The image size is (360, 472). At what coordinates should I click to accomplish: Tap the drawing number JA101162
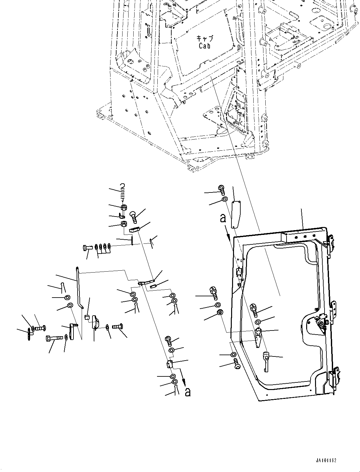[x=325, y=460]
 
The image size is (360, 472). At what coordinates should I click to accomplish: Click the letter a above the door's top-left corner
[x=223, y=218]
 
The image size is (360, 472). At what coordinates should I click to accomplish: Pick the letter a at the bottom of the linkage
[x=188, y=392]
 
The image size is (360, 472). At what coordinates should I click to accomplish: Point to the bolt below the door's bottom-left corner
[x=237, y=364]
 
